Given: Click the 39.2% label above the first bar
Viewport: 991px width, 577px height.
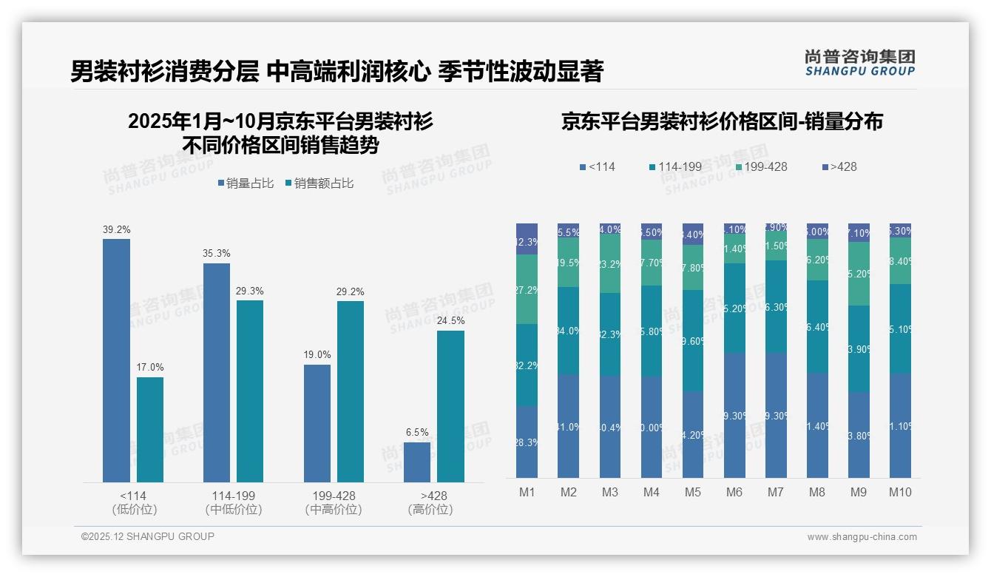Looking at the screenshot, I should point(116,230).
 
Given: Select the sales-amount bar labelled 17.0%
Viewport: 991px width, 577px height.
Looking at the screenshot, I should point(150,430).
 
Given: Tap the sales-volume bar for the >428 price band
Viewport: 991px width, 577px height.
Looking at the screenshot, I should point(417,462).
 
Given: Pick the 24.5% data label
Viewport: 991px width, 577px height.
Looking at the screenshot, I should point(450,321).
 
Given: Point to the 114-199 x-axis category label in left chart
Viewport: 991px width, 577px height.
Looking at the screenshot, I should point(234,496).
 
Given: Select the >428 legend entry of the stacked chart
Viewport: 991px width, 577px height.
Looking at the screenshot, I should point(839,167).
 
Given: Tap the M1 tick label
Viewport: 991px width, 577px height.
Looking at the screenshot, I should point(527,493).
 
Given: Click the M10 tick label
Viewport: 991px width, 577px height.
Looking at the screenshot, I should point(900,493).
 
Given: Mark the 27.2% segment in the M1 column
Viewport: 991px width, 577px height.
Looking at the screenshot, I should point(527,289).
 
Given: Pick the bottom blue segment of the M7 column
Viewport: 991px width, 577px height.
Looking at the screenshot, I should point(776,415).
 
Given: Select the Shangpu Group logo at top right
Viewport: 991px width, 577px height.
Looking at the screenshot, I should point(859,62).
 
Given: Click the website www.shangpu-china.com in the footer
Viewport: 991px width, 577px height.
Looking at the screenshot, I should point(862,537).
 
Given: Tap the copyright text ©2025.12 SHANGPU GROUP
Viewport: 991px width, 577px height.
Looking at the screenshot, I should point(148,537).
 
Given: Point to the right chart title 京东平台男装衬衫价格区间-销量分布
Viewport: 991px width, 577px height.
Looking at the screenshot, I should point(722,122).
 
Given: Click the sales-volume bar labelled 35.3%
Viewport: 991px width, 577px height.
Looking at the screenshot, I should point(217,373).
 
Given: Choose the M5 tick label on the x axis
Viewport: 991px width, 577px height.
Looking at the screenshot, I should point(692,493).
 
